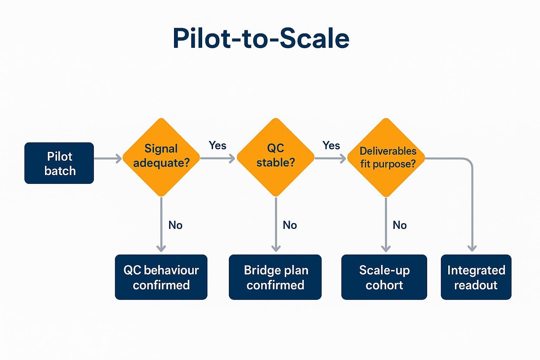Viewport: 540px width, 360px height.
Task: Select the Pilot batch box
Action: pyautogui.click(x=59, y=163)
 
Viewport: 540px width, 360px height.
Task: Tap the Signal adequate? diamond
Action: pyautogui.click(x=161, y=157)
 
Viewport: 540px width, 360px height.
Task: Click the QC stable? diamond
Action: pyautogui.click(x=276, y=157)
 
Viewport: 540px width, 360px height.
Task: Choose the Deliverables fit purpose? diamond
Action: pyautogui.click(x=386, y=157)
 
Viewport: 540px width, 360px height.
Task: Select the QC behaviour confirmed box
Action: pyautogui.click(x=161, y=277)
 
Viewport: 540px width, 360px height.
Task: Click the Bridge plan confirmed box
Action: pyautogui.click(x=275, y=277)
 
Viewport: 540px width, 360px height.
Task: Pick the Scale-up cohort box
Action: pyautogui.click(x=384, y=277)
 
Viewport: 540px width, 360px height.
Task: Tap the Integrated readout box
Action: pyautogui.click(x=476, y=277)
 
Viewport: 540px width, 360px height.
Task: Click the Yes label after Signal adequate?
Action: pyautogui.click(x=217, y=145)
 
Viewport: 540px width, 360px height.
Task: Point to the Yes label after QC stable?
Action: pyautogui.click(x=331, y=145)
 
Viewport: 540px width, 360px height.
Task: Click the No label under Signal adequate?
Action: pyautogui.click(x=175, y=225)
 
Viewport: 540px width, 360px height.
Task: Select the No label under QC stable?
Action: pyautogui.click(x=290, y=225)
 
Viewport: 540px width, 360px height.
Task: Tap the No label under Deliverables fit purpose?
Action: pyautogui.click(x=400, y=225)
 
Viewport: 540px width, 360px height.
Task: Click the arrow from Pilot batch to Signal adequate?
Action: pyautogui.click(x=108, y=159)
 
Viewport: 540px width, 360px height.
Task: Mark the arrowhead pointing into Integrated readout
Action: pyautogui.click(x=472, y=248)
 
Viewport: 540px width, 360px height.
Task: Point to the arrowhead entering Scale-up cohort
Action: pyautogui.click(x=386, y=248)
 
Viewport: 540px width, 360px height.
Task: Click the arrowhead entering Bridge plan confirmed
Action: pyautogui.click(x=276, y=248)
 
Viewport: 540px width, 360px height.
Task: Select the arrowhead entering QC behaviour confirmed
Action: pyautogui.click(x=161, y=248)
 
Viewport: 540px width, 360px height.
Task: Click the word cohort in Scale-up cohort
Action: pyautogui.click(x=384, y=285)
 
